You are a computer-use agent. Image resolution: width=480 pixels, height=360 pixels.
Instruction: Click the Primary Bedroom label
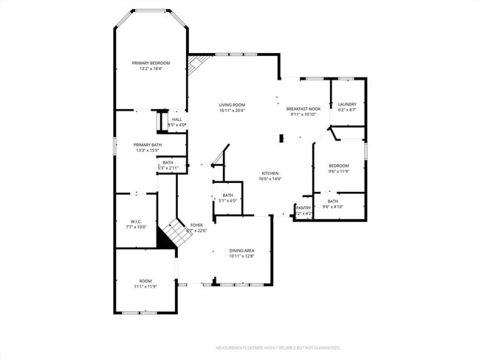coord(151,63)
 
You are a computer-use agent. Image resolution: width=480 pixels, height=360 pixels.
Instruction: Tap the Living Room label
coord(231,105)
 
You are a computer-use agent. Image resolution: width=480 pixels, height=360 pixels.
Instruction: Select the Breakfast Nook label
coord(303,108)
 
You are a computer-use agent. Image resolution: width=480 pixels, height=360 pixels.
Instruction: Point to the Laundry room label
coord(347,105)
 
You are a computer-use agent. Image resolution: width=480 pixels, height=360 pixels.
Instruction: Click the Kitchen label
coord(269,173)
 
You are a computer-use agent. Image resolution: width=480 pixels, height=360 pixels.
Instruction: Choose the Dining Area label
coord(241,251)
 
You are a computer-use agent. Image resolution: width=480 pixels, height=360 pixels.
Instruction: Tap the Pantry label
coord(304,208)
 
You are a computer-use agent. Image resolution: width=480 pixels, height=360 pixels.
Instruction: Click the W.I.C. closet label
coord(136,221)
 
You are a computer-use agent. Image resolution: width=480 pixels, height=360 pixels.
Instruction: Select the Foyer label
coord(196,225)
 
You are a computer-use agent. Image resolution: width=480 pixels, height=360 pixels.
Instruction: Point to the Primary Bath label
coord(148,145)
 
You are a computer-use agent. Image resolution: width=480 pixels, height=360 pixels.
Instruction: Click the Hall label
coord(177,120)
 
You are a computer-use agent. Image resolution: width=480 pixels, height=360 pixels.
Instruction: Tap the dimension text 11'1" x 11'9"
coord(145,286)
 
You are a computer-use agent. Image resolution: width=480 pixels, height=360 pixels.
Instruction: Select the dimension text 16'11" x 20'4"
coord(231,111)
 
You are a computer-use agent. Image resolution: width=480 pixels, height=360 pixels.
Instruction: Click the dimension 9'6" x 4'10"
coord(333,207)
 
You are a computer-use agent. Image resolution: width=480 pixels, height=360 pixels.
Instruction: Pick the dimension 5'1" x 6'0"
coord(227,201)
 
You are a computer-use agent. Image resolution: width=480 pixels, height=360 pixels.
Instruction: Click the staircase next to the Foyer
coord(178,233)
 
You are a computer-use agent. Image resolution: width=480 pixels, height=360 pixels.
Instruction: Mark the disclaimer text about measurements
coord(277,347)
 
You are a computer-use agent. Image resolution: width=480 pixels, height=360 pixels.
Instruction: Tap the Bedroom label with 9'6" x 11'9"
coord(338,165)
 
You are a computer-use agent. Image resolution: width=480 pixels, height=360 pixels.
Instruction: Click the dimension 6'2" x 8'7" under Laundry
coord(347,111)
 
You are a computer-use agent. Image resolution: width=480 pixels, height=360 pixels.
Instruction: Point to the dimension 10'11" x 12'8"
coord(241,257)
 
